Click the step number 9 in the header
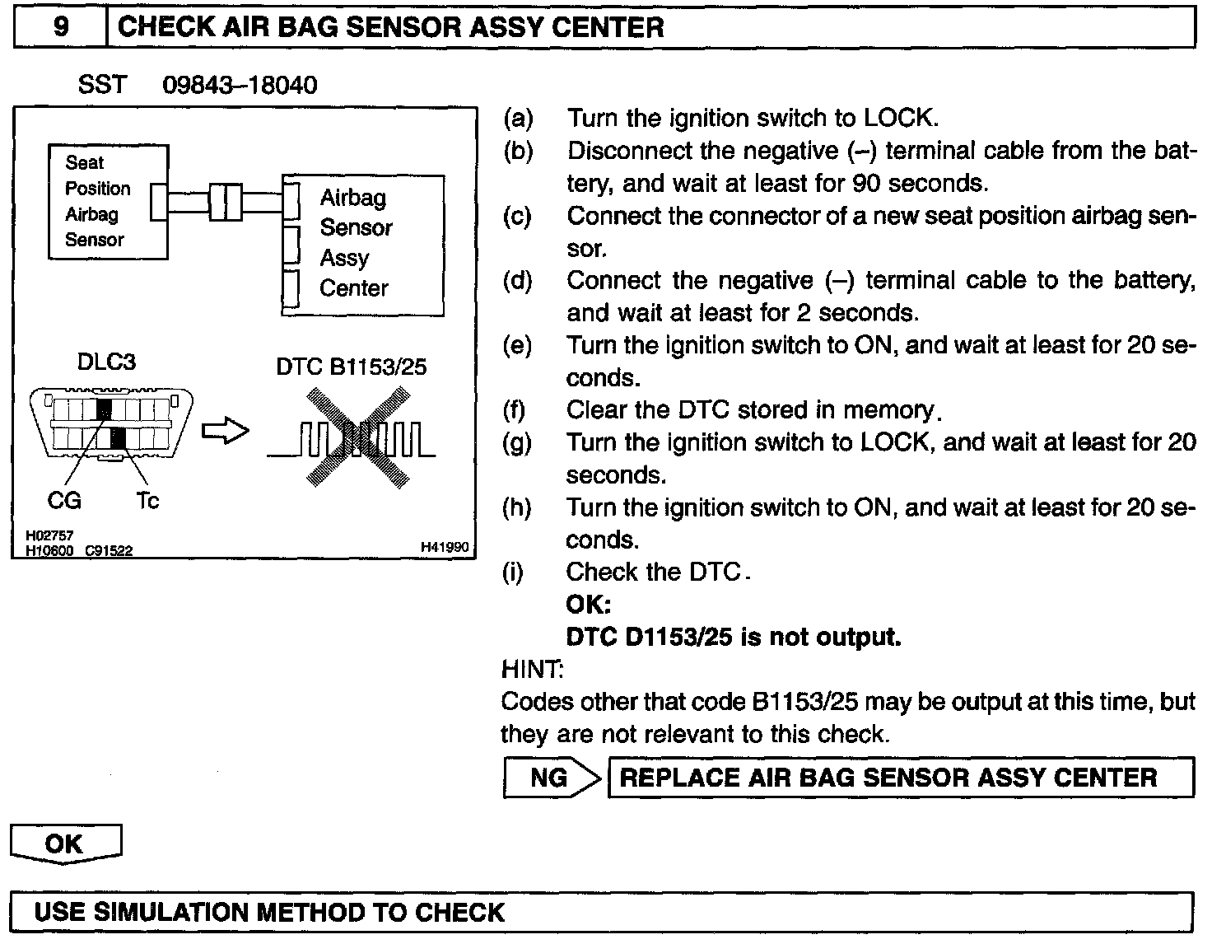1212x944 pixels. [60, 27]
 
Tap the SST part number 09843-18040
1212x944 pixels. [240, 85]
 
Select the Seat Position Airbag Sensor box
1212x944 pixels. [108, 202]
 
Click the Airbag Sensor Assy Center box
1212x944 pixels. [362, 245]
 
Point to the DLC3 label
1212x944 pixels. [106, 362]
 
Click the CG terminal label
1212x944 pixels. [64, 500]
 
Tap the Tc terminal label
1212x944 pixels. [147, 500]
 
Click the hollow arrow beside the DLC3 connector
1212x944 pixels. [225, 431]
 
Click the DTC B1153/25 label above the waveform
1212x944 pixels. [352, 367]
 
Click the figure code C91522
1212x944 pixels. [110, 551]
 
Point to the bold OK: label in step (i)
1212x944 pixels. [588, 605]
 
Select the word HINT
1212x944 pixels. [532, 669]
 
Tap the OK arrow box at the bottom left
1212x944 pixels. [65, 844]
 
